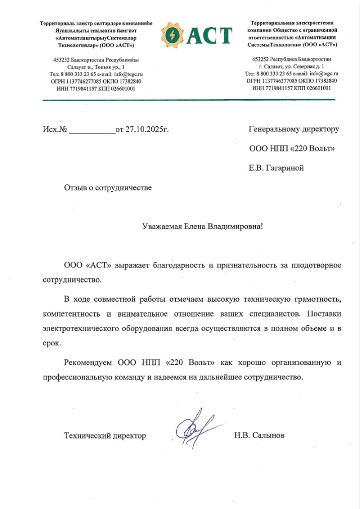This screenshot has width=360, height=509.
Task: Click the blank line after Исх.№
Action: (92, 130)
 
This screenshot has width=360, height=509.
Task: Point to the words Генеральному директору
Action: (294, 129)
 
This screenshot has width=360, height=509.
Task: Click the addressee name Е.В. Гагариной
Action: (277, 168)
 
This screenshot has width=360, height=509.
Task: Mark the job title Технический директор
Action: (105, 435)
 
